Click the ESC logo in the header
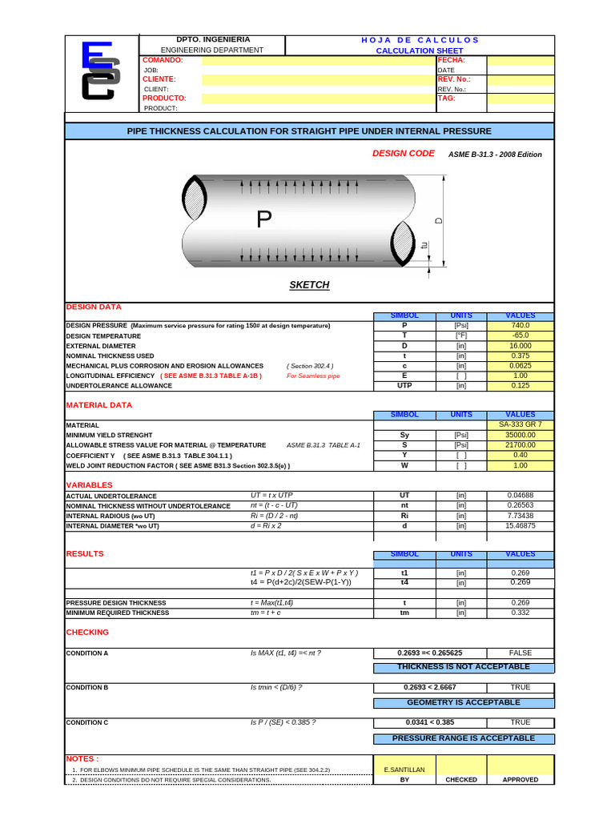tap(102, 72)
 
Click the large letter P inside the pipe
tap(264, 219)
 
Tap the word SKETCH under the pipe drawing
tap(309, 285)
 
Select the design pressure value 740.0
tap(520, 326)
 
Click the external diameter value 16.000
tap(520, 346)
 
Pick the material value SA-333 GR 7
tap(520, 424)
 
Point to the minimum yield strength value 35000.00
tap(520, 435)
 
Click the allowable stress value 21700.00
tap(520, 444)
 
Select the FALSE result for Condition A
tap(520, 653)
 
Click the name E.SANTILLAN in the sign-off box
tap(404, 770)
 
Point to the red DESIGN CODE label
tap(404, 153)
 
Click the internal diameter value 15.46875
tap(520, 526)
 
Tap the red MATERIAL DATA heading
tap(98, 405)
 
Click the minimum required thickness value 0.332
tap(520, 613)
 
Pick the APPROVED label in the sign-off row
tap(520, 779)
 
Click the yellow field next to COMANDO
tap(318, 60)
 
